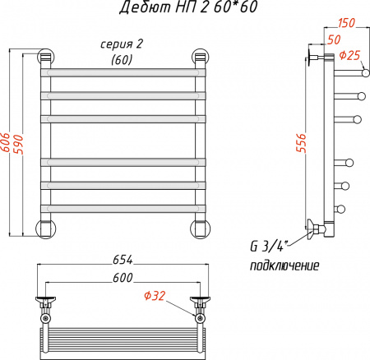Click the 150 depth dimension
pyautogui.click(x=346, y=22)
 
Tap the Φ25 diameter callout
pyautogui.click(x=350, y=56)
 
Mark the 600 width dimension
pyautogui.click(x=122, y=279)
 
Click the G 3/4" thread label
pyautogui.click(x=270, y=248)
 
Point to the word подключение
pyautogui.click(x=284, y=267)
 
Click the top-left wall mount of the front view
pyautogui.click(x=45, y=58)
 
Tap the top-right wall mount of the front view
pyautogui.click(x=199, y=58)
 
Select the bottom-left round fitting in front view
pyautogui.click(x=45, y=228)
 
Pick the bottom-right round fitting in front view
pyautogui.click(x=199, y=228)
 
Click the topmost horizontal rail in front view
pyautogui.click(x=122, y=73)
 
